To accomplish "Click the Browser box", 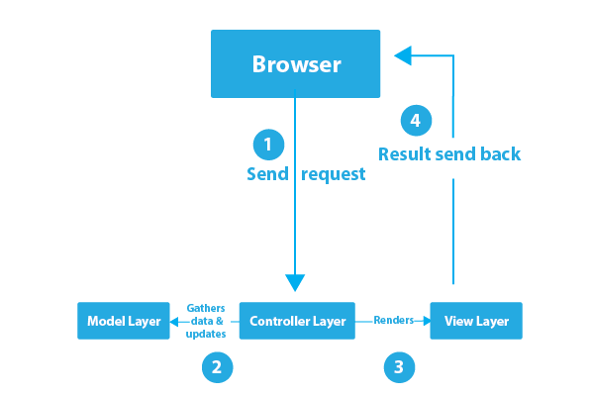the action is tap(295, 63).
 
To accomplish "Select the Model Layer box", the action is tap(124, 321).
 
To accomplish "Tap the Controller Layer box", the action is tap(297, 321).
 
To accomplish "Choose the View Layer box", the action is tap(476, 321).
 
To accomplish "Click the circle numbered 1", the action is tap(268, 145).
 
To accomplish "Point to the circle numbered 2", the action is tap(217, 367).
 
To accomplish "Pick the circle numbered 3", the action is tap(399, 367).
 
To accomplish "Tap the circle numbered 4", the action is tap(416, 121).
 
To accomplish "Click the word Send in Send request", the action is tap(267, 174).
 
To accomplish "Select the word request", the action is tap(334, 175).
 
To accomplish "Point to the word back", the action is tap(501, 153).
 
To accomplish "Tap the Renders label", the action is tap(394, 320).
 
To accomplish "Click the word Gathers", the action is tap(206, 308).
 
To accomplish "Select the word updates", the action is tap(206, 335).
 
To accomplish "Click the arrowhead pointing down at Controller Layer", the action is tap(295, 282).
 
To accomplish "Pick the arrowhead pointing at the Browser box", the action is tap(403, 55).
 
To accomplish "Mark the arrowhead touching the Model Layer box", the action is tap(174, 322).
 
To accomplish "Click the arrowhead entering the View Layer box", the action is tap(427, 321).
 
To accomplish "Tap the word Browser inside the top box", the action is tap(297, 64).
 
